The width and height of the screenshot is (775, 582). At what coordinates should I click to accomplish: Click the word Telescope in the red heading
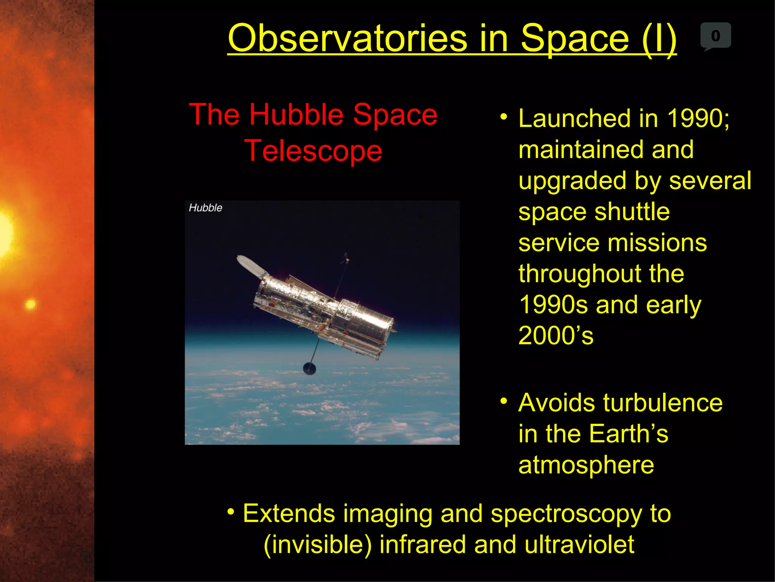pyautogui.click(x=313, y=151)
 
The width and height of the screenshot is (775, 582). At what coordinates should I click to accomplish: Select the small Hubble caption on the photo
pyautogui.click(x=205, y=208)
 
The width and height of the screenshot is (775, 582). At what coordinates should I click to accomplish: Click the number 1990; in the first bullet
pyautogui.click(x=698, y=118)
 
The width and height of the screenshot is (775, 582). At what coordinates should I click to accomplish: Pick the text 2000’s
pyautogui.click(x=556, y=336)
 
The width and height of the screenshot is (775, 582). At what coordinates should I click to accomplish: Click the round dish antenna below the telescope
pyautogui.click(x=310, y=368)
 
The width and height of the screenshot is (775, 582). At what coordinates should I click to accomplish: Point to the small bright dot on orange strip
pyautogui.click(x=30, y=304)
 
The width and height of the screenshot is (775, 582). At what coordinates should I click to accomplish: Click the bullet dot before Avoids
pyautogui.click(x=503, y=401)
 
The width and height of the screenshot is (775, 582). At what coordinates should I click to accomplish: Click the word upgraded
pyautogui.click(x=572, y=181)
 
